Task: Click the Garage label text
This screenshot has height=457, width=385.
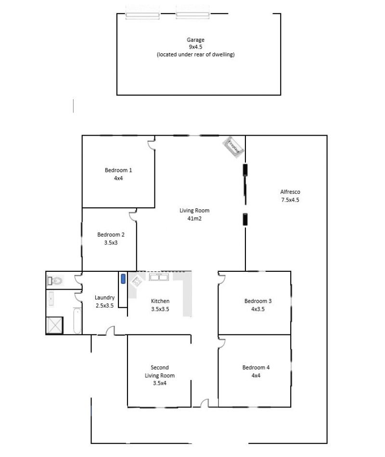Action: click(195, 39)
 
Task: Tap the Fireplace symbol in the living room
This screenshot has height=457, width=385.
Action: click(233, 147)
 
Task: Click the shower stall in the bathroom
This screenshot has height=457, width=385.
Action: click(54, 325)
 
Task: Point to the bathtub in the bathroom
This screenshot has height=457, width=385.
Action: click(77, 321)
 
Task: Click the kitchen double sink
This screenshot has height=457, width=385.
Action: click(159, 277)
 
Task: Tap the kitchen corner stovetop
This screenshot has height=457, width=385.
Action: click(136, 281)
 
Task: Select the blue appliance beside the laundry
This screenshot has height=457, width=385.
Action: click(123, 279)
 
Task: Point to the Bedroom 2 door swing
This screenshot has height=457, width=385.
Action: click(133, 215)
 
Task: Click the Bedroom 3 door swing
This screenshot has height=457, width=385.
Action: click(221, 278)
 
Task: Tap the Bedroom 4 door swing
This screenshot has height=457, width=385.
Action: click(221, 342)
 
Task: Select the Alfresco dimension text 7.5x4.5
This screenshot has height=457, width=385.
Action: click(290, 200)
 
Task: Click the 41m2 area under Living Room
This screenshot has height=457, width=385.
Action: click(194, 218)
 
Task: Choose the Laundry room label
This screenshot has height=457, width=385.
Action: click(104, 298)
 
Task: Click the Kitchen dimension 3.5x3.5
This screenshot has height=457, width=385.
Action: click(160, 309)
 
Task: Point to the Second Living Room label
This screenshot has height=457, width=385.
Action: click(160, 371)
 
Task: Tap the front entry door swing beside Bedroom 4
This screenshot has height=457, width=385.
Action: click(205, 403)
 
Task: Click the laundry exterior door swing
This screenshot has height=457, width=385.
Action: click(110, 331)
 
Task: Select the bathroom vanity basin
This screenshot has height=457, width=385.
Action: click(51, 299)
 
